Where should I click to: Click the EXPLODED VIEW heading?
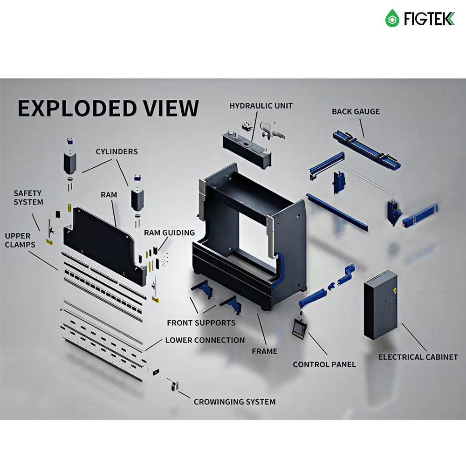[x=108, y=108]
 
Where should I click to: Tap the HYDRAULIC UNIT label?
[x=261, y=106]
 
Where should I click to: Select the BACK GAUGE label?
[x=356, y=111]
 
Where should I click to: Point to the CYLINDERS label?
[x=116, y=151]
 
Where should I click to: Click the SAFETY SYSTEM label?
[x=28, y=198]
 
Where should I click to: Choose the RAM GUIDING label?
[x=169, y=233]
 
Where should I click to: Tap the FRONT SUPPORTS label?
[x=201, y=322]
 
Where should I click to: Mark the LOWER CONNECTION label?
[x=205, y=340]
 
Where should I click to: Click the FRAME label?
[x=265, y=351]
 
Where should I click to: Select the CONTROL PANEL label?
[x=324, y=364]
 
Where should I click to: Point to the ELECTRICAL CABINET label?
[x=418, y=357]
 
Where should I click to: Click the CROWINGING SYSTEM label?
[x=234, y=402]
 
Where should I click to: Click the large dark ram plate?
[x=100, y=240]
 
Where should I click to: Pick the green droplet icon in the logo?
[x=392, y=19]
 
